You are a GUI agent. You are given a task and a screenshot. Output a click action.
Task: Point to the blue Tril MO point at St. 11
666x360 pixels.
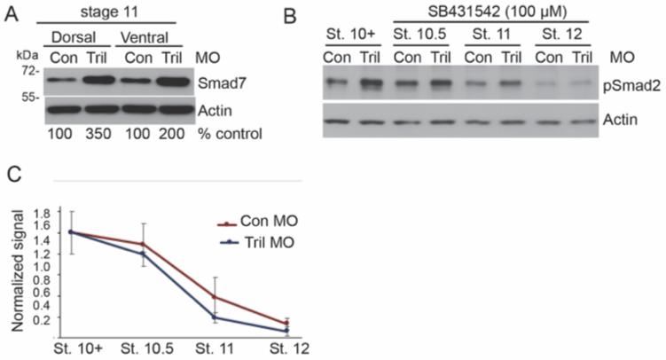pyautogui.click(x=215, y=317)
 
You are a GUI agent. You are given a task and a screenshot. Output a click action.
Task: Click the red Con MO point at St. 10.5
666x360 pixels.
pyautogui.click(x=142, y=244)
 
